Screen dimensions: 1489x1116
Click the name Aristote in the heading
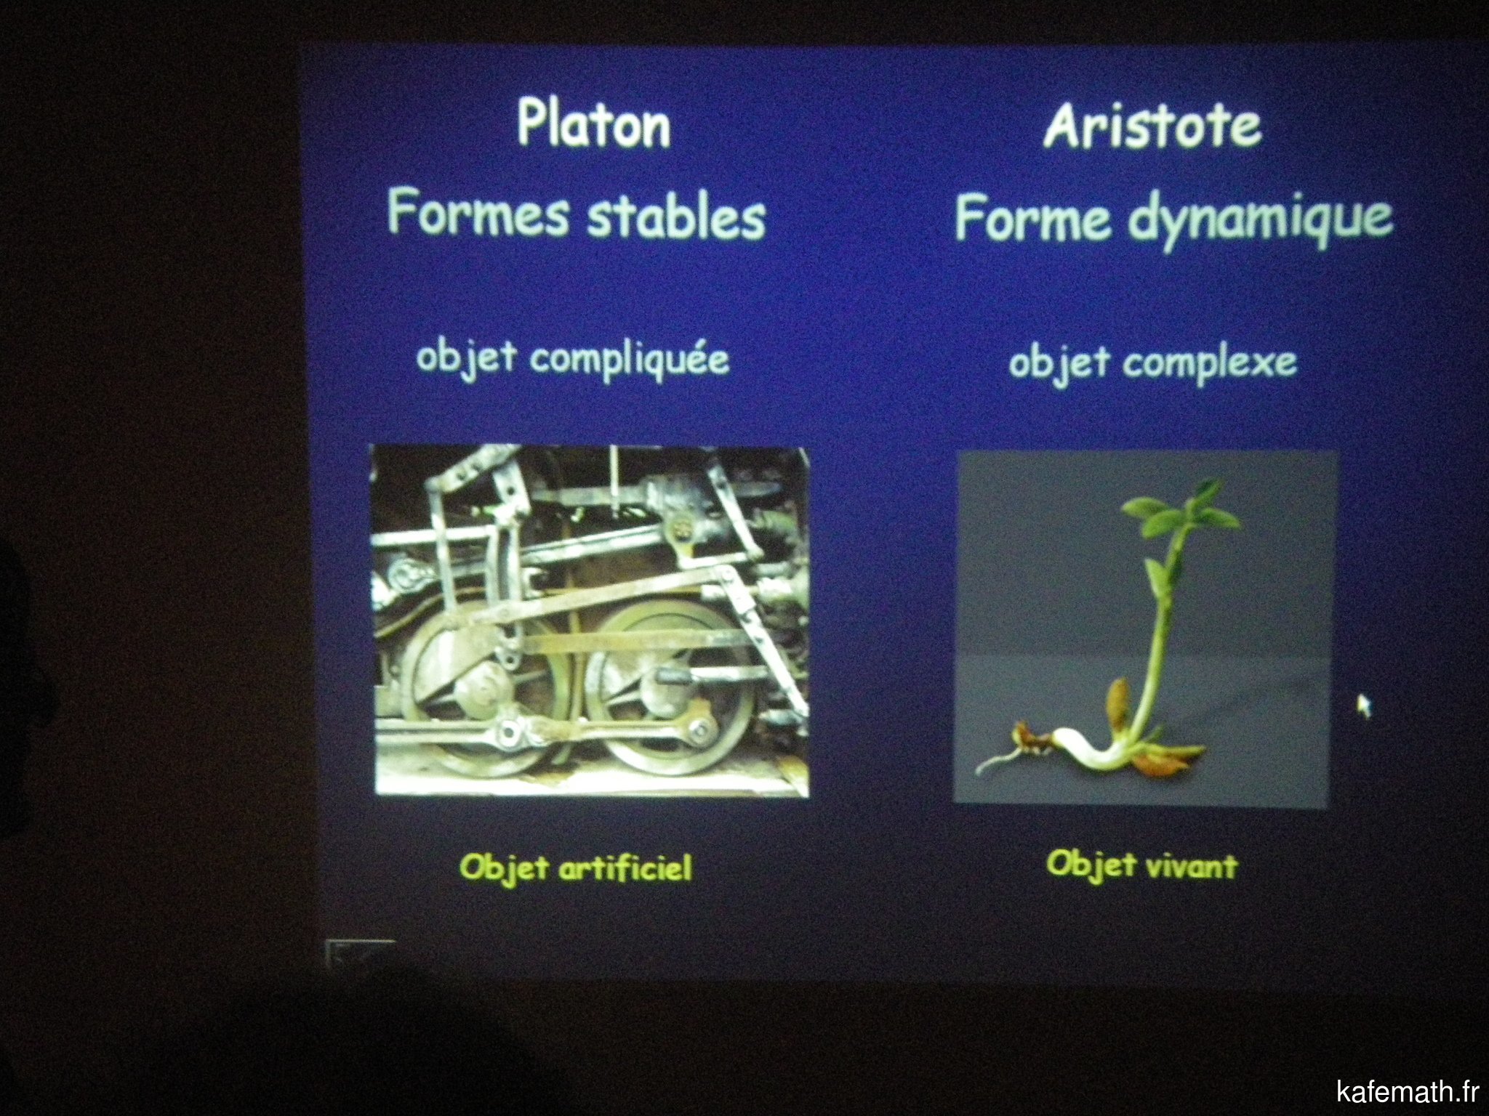pyautogui.click(x=1152, y=124)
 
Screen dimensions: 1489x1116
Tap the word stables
pyautogui.click(x=676, y=216)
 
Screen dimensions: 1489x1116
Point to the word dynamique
pyautogui.click(x=1260, y=219)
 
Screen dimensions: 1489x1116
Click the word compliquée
pyautogui.click(x=629, y=360)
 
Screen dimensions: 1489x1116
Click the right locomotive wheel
pyautogui.click(x=673, y=690)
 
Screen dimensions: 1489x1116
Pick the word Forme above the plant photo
pyautogui.click(x=1032, y=217)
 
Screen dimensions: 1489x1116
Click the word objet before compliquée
pyautogui.click(x=466, y=358)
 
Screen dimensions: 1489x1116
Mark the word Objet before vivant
pyautogui.click(x=1091, y=864)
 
